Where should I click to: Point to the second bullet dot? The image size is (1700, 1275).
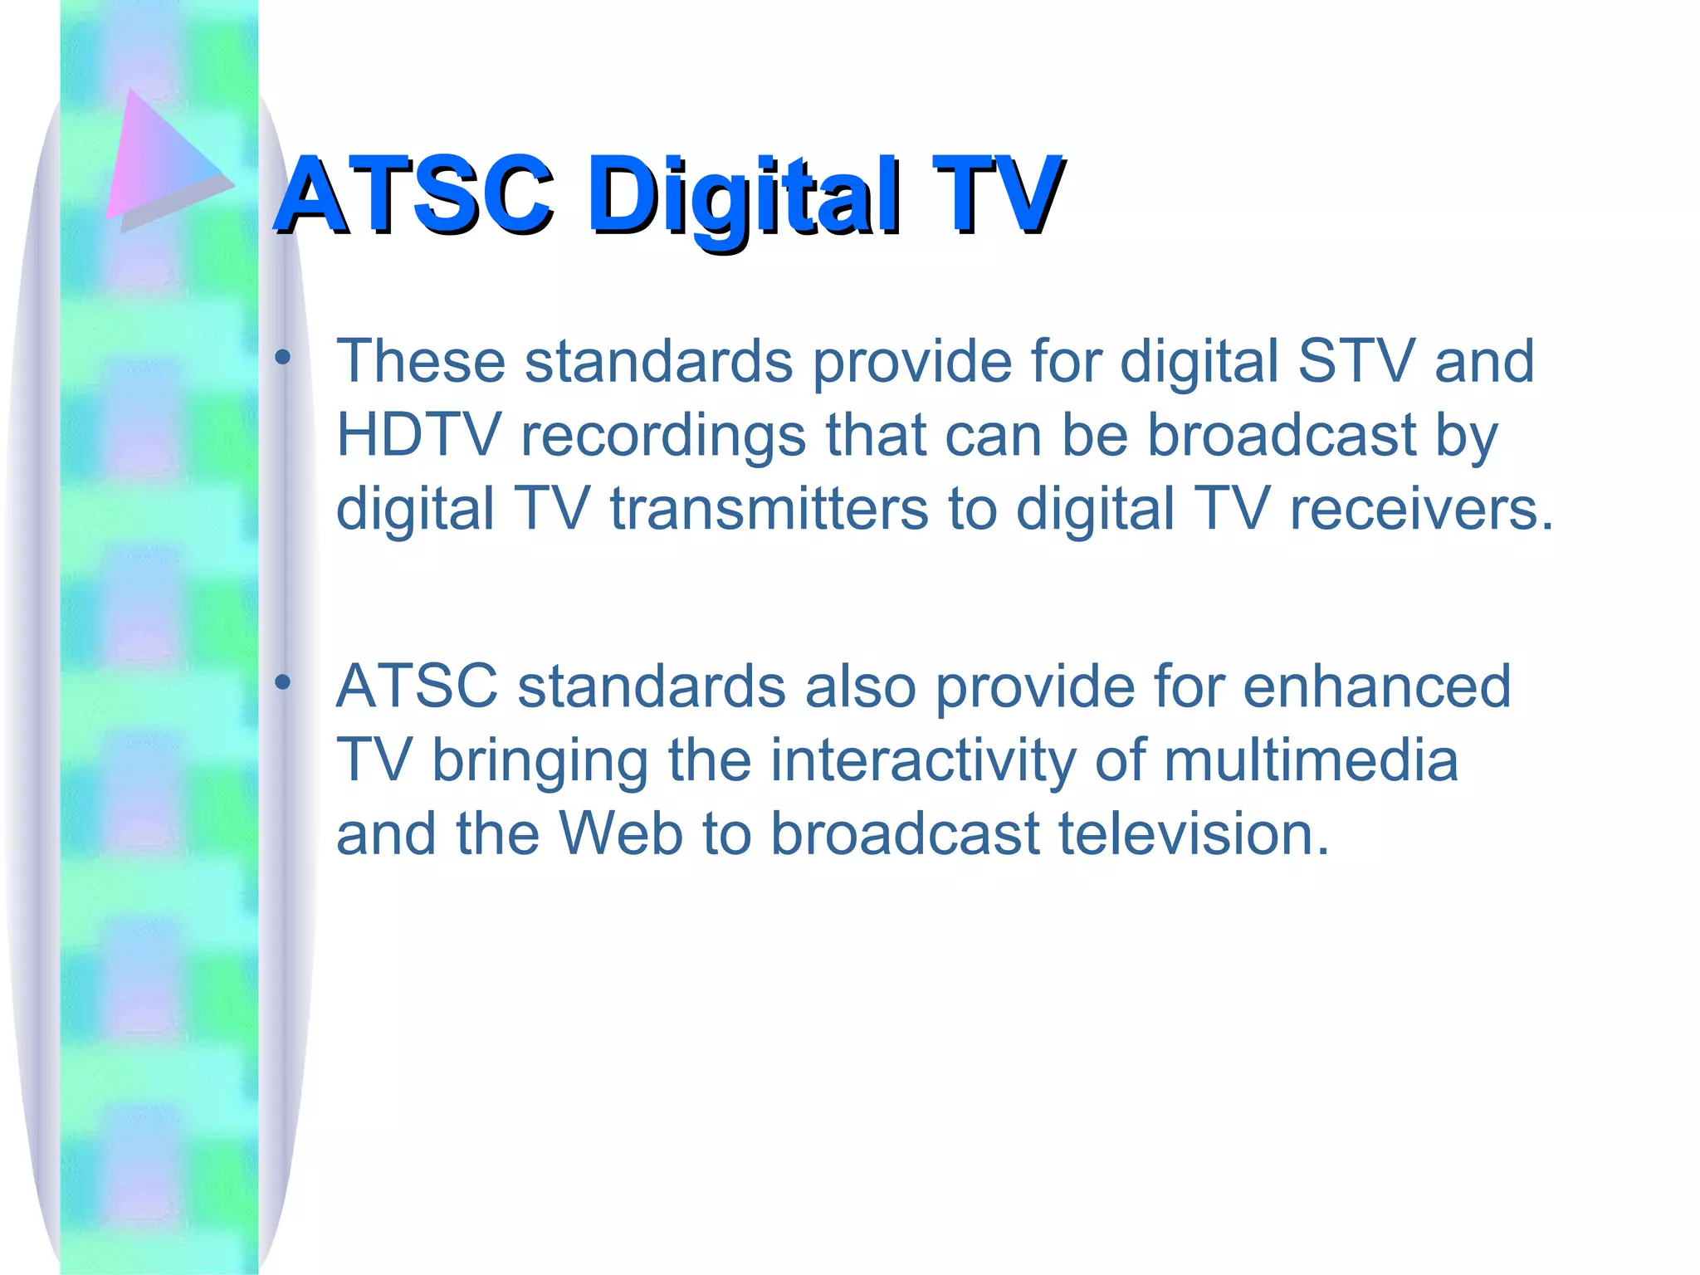(x=283, y=682)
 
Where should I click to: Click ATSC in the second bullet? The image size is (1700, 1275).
(x=417, y=686)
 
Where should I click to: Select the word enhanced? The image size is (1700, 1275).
(x=1376, y=686)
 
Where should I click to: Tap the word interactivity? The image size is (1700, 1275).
(x=922, y=761)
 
